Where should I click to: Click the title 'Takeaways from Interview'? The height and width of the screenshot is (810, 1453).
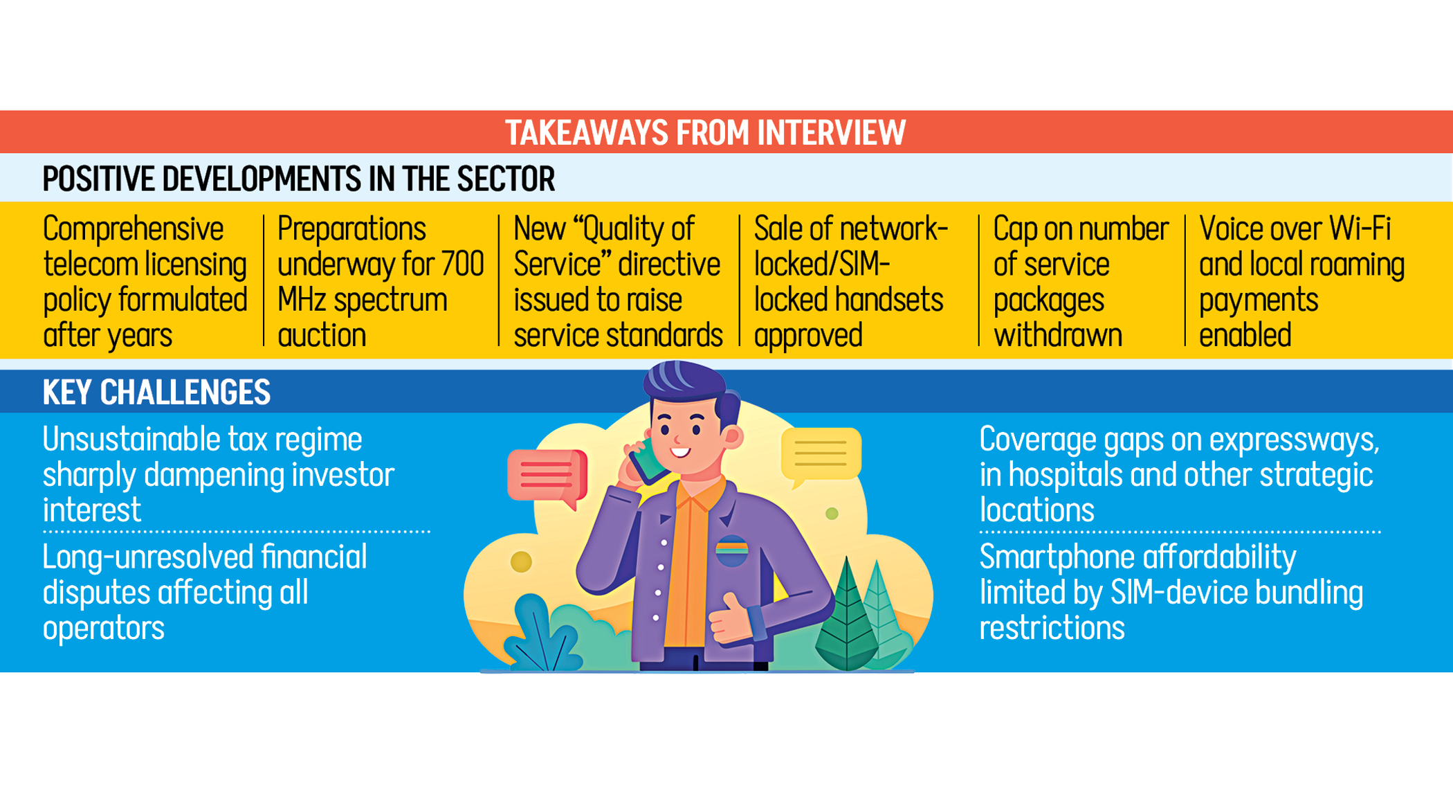point(705,132)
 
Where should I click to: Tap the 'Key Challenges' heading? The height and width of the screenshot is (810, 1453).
point(156,392)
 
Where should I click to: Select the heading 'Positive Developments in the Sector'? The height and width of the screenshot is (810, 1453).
point(298,179)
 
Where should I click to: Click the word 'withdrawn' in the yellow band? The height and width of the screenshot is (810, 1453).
point(1057,336)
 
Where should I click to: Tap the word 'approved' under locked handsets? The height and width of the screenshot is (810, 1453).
point(807,336)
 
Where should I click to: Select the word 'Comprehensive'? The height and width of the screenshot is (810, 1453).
point(133,228)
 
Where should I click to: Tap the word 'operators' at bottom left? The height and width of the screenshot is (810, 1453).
point(104,628)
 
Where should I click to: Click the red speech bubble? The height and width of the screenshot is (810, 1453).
point(547,475)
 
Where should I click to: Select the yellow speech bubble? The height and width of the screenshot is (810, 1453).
point(821,453)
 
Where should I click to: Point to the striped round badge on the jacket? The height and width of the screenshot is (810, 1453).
point(731,550)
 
